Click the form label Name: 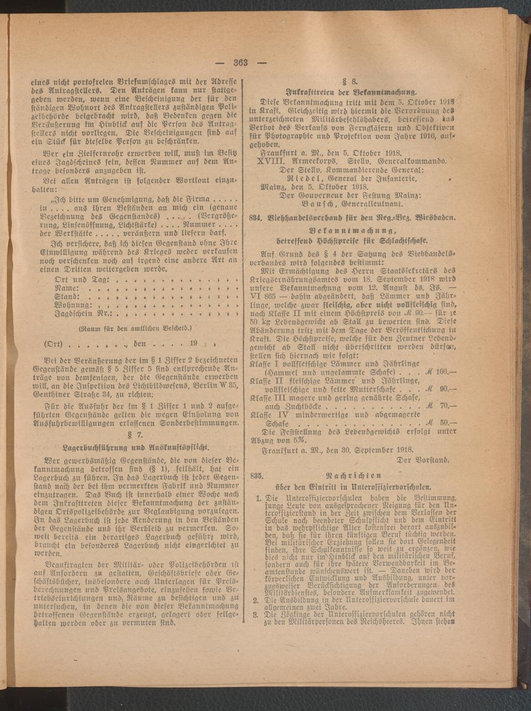click(x=67, y=287)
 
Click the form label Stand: click(x=67, y=296)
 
